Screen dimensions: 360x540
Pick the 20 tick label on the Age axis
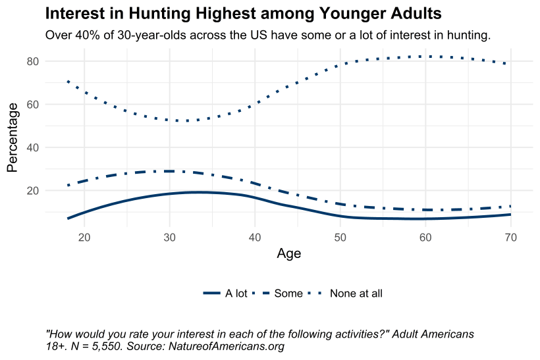coord(84,237)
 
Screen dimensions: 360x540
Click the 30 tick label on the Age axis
coord(170,237)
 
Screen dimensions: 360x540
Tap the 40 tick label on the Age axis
coord(255,237)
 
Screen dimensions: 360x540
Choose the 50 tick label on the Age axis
coord(340,237)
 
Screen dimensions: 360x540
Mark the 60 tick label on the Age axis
coord(425,237)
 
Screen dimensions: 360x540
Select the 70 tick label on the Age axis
coord(510,237)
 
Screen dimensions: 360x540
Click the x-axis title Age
coord(289,254)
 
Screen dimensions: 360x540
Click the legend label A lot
coord(236,294)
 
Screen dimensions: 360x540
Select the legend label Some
coord(288,294)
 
